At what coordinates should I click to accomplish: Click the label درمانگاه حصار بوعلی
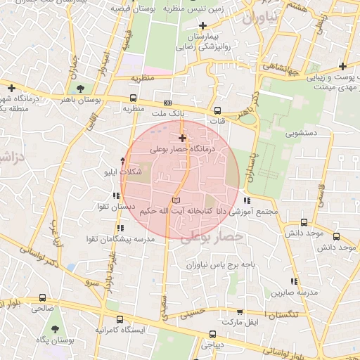coord(182,150)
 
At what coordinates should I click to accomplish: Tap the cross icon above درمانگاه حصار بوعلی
coord(182,139)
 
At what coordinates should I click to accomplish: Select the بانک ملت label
coord(168,112)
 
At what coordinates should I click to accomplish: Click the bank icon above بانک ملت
coord(167,102)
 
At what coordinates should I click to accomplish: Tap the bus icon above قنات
coord(217,110)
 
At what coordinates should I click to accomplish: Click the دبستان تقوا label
coord(115,207)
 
